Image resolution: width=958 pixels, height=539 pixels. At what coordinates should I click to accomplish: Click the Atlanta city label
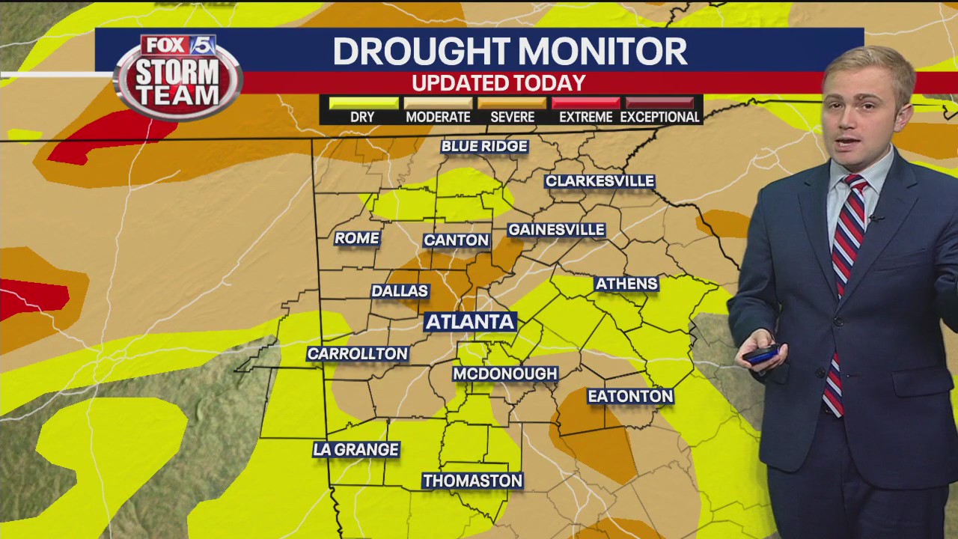coord(471,322)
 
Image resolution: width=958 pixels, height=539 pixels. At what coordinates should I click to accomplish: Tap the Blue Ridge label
coord(484,146)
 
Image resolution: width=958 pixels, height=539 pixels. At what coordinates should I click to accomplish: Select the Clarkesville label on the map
coord(599,181)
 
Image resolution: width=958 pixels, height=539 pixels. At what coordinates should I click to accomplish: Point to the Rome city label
coord(357,238)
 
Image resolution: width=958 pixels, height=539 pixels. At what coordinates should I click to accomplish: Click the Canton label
coord(456,240)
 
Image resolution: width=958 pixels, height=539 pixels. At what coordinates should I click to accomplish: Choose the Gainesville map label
coord(556,230)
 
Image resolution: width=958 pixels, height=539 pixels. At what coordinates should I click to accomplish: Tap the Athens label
coord(626,284)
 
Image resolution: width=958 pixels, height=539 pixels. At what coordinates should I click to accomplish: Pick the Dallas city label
coord(400,291)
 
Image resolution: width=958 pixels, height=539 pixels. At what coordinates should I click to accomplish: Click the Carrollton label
coord(358,354)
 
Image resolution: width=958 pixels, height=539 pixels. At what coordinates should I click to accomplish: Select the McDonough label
coord(505,374)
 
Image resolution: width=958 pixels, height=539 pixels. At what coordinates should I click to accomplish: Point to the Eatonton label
coord(630,396)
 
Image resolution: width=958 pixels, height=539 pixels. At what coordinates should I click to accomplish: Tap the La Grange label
coord(356,450)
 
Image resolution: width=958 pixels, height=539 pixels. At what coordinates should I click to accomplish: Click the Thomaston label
coord(472,481)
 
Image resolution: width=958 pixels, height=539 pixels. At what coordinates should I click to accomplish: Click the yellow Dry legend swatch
coord(363,103)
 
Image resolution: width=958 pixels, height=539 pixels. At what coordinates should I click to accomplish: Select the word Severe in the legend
coord(512,118)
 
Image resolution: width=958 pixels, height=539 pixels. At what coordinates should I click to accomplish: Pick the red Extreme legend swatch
coord(585,103)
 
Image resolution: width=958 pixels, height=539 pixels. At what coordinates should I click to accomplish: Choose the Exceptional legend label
coord(659,118)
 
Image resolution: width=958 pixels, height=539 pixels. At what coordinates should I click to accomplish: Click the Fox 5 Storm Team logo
coord(178,76)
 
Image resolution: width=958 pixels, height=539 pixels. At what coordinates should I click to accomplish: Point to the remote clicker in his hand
coord(762,354)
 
